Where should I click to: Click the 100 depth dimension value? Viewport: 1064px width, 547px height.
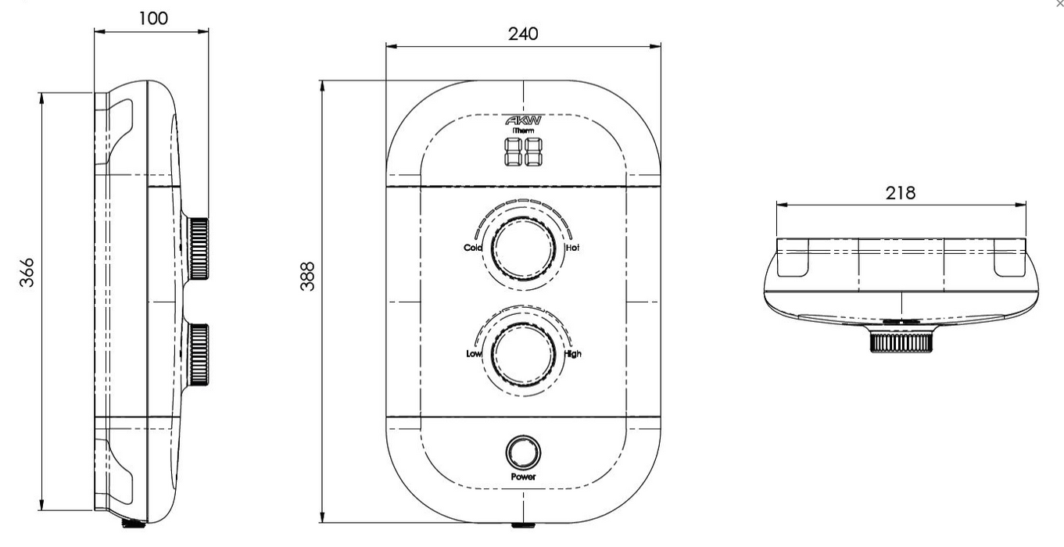click(153, 19)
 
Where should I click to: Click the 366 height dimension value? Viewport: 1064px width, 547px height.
click(27, 273)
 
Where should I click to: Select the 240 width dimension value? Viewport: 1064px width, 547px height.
click(523, 34)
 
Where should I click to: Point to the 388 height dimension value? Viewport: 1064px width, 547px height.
click(308, 276)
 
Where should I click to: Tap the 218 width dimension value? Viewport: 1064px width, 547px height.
click(900, 193)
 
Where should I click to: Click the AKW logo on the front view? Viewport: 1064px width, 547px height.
click(523, 120)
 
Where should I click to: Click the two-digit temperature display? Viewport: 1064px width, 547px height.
click(523, 152)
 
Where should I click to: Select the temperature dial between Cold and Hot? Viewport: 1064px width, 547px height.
click(523, 248)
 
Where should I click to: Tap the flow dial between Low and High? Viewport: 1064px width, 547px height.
click(523, 354)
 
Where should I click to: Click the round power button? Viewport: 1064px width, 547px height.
click(523, 452)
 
